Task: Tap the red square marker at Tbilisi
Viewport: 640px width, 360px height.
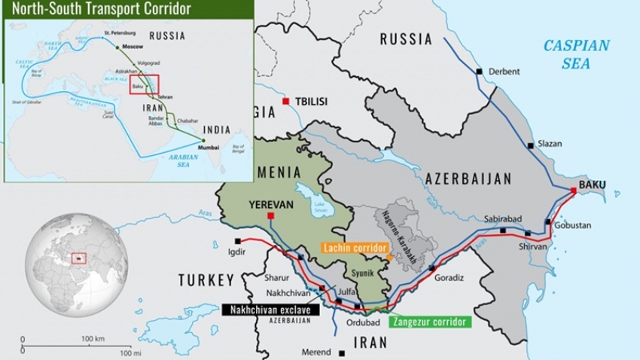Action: pos(286,102)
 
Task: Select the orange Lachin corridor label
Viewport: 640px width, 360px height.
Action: pos(354,248)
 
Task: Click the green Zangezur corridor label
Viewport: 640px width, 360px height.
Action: pos(430,322)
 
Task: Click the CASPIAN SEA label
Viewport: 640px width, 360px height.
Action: pos(576,54)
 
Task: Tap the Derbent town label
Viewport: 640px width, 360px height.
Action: pos(504,72)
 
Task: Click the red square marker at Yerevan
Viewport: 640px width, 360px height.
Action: pos(270,216)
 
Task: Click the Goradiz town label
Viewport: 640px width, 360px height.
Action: pos(450,277)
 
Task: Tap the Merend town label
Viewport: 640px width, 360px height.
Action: pos(315,352)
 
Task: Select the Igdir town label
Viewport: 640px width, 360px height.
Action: pos(236,252)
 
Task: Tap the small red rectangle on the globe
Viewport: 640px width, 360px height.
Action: pos(79,258)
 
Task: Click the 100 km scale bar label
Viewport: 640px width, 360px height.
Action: pos(93,339)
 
